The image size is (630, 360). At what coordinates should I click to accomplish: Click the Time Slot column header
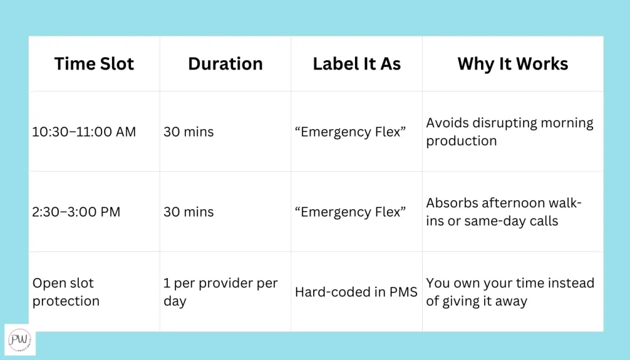tap(94, 63)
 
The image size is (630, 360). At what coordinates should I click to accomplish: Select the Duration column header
tap(225, 63)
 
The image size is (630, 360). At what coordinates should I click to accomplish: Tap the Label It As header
tap(357, 63)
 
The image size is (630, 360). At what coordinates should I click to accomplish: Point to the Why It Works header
tap(512, 63)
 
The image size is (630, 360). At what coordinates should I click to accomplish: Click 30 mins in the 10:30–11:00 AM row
tap(188, 132)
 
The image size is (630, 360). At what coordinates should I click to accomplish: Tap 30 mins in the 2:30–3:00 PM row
tap(188, 212)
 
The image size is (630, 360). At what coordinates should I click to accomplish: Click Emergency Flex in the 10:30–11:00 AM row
tap(350, 132)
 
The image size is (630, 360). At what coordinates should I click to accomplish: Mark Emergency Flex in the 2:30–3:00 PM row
tap(350, 212)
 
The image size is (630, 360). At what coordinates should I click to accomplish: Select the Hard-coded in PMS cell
tap(356, 292)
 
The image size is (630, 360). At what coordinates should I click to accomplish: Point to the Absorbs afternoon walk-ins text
tap(504, 212)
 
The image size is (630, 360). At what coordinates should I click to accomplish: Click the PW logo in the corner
tap(20, 340)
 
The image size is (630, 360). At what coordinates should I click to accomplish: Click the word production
tap(461, 141)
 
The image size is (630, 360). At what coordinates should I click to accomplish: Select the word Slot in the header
tap(116, 63)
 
